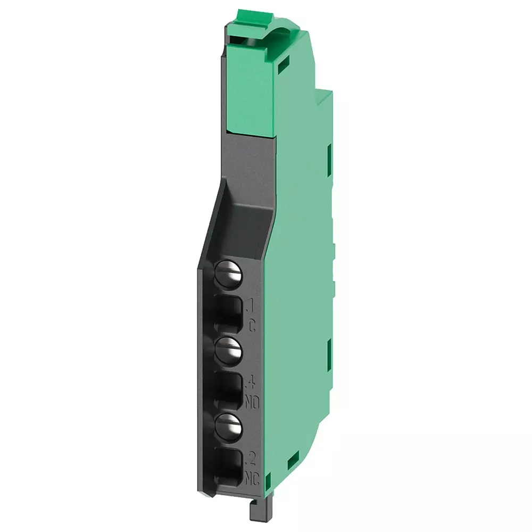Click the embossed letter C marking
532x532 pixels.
pyautogui.click(x=252, y=322)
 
